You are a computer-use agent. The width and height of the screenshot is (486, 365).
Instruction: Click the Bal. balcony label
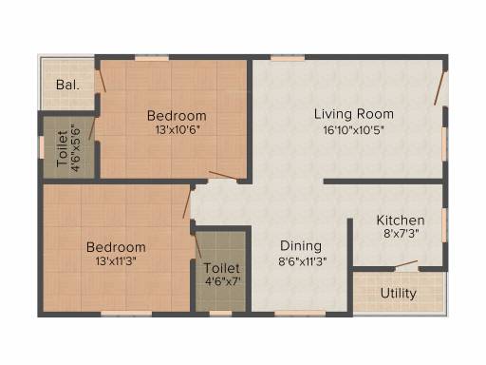pyautogui.click(x=67, y=85)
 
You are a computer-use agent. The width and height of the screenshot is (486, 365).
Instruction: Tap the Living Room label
pyautogui.click(x=354, y=114)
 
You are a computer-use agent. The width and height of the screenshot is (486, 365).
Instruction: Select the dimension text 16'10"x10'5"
pyautogui.click(x=354, y=130)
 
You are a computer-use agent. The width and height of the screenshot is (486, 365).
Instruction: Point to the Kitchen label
pyautogui.click(x=401, y=221)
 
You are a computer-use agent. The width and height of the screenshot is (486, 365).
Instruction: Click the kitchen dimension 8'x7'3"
pyautogui.click(x=402, y=234)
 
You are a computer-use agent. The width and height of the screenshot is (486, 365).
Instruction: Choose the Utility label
pyautogui.click(x=399, y=294)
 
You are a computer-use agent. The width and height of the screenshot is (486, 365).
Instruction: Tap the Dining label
pyautogui.click(x=301, y=246)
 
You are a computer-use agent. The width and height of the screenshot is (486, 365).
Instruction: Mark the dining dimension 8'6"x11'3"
pyautogui.click(x=303, y=261)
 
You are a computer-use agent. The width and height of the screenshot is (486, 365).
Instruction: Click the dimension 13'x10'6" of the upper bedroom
pyautogui.click(x=178, y=130)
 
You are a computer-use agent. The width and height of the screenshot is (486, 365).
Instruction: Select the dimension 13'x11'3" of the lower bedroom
pyautogui.click(x=116, y=261)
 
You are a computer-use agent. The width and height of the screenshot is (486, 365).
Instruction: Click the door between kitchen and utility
pyautogui.click(x=406, y=264)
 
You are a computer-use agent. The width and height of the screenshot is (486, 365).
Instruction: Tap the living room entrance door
pyautogui.click(x=439, y=88)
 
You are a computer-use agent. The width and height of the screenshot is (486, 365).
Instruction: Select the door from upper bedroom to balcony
pyautogui.click(x=102, y=81)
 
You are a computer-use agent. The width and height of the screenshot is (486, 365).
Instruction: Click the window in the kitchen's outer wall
pyautogui.click(x=445, y=225)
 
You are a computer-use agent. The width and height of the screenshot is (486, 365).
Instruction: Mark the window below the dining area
pyautogui.click(x=300, y=314)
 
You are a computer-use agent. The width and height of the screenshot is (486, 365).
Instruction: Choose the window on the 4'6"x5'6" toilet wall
pyautogui.click(x=41, y=147)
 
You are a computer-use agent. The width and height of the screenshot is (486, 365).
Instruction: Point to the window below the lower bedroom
pyautogui.click(x=126, y=314)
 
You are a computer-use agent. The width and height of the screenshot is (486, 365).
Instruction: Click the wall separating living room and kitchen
pyautogui.click(x=383, y=182)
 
